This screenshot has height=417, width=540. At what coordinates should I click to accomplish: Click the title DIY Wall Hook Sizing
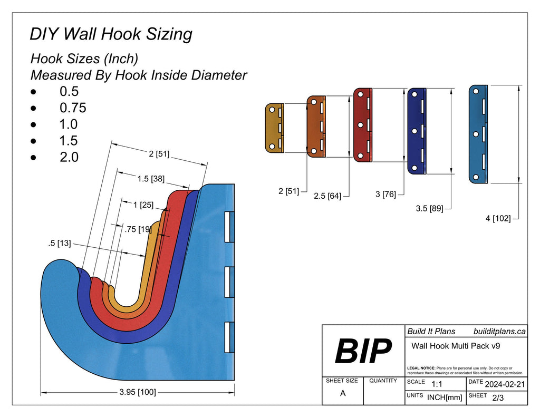point(111,34)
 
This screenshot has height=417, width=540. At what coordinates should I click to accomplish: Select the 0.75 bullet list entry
point(73,108)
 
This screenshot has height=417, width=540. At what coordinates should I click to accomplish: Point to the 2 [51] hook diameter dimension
point(159,154)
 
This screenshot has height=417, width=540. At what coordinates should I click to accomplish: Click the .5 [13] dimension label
point(59,243)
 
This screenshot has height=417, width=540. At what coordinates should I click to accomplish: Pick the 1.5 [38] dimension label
point(151,179)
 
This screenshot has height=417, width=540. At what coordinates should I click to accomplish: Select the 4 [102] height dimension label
point(498,218)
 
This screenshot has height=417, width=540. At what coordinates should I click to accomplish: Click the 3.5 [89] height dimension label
point(429,208)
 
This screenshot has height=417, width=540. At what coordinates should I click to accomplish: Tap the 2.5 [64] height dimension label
point(327,196)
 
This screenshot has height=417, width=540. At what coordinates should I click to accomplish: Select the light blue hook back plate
point(477,134)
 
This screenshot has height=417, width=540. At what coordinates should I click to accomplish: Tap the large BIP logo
point(363,351)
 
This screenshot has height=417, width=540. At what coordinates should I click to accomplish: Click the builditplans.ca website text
point(499,332)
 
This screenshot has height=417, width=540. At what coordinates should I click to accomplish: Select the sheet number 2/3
point(497,398)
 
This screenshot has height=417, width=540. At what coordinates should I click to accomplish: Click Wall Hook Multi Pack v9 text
point(456,346)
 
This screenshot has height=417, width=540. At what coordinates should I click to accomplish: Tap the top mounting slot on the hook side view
point(229,227)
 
